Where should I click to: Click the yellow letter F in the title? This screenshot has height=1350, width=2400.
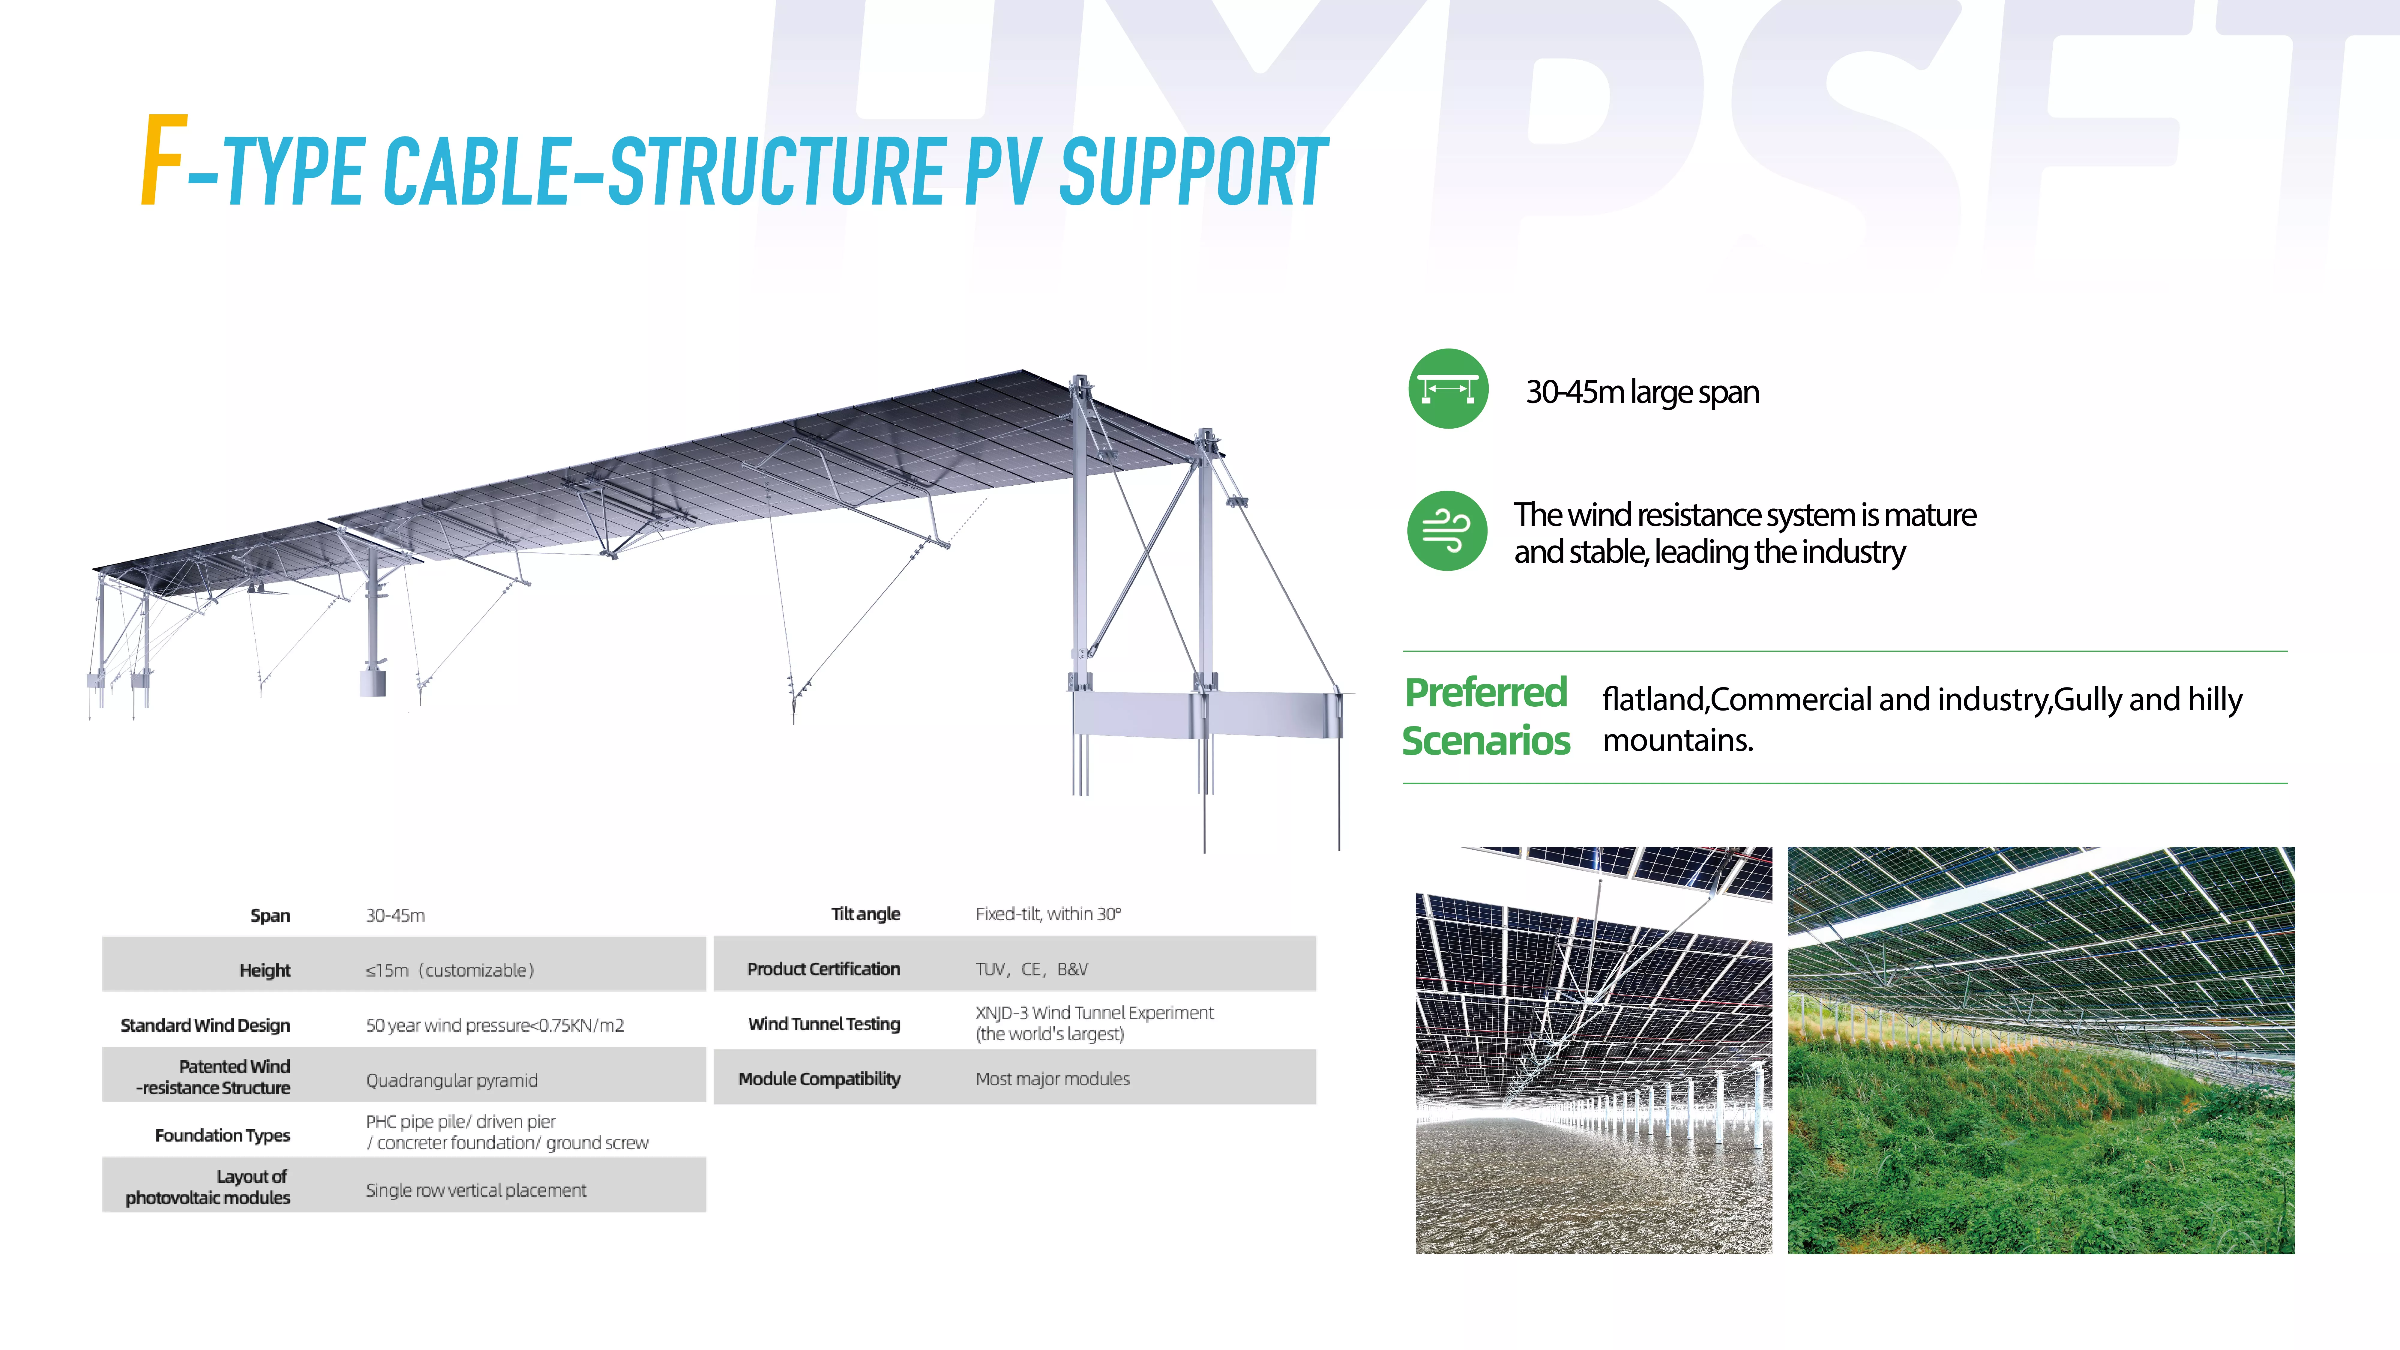click(x=164, y=160)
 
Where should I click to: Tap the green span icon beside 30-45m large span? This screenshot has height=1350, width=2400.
click(x=1448, y=388)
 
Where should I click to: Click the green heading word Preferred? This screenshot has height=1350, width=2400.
click(x=1486, y=692)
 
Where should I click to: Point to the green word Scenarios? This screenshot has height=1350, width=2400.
click(x=1486, y=741)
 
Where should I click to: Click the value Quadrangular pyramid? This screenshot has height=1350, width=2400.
click(x=452, y=1080)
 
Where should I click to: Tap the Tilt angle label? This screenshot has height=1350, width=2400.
click(x=865, y=914)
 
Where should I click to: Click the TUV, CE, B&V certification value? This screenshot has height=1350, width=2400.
click(x=1031, y=969)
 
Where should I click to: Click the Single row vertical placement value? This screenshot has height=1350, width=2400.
click(x=476, y=1190)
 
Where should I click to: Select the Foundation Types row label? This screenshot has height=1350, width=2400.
click(x=223, y=1135)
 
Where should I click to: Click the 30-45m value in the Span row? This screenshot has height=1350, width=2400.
click(x=395, y=915)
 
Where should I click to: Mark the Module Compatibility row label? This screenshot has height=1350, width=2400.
click(x=819, y=1079)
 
